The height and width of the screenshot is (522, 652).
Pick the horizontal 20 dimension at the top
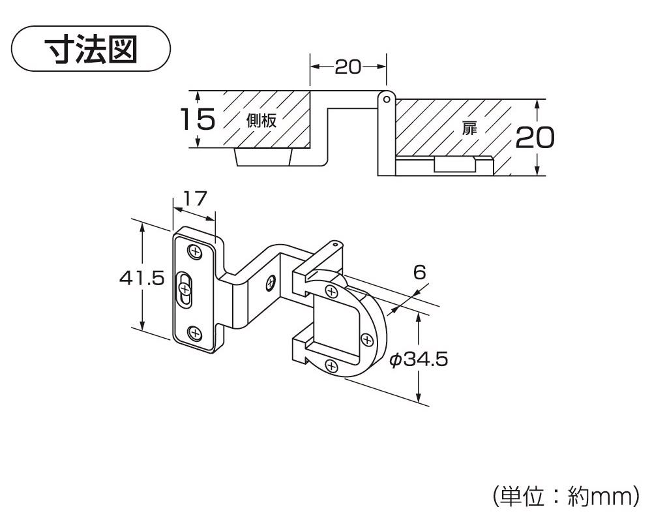point(348,67)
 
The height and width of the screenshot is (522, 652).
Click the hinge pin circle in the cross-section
point(386,99)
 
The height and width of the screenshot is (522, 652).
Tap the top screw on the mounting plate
point(194,251)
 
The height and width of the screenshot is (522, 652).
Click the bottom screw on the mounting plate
point(194,333)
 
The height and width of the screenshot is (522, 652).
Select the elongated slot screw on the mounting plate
point(185,290)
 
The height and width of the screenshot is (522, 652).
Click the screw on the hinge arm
point(270,283)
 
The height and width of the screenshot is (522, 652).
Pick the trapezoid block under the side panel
point(263,157)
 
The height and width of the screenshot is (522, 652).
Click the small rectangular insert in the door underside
point(455,164)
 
